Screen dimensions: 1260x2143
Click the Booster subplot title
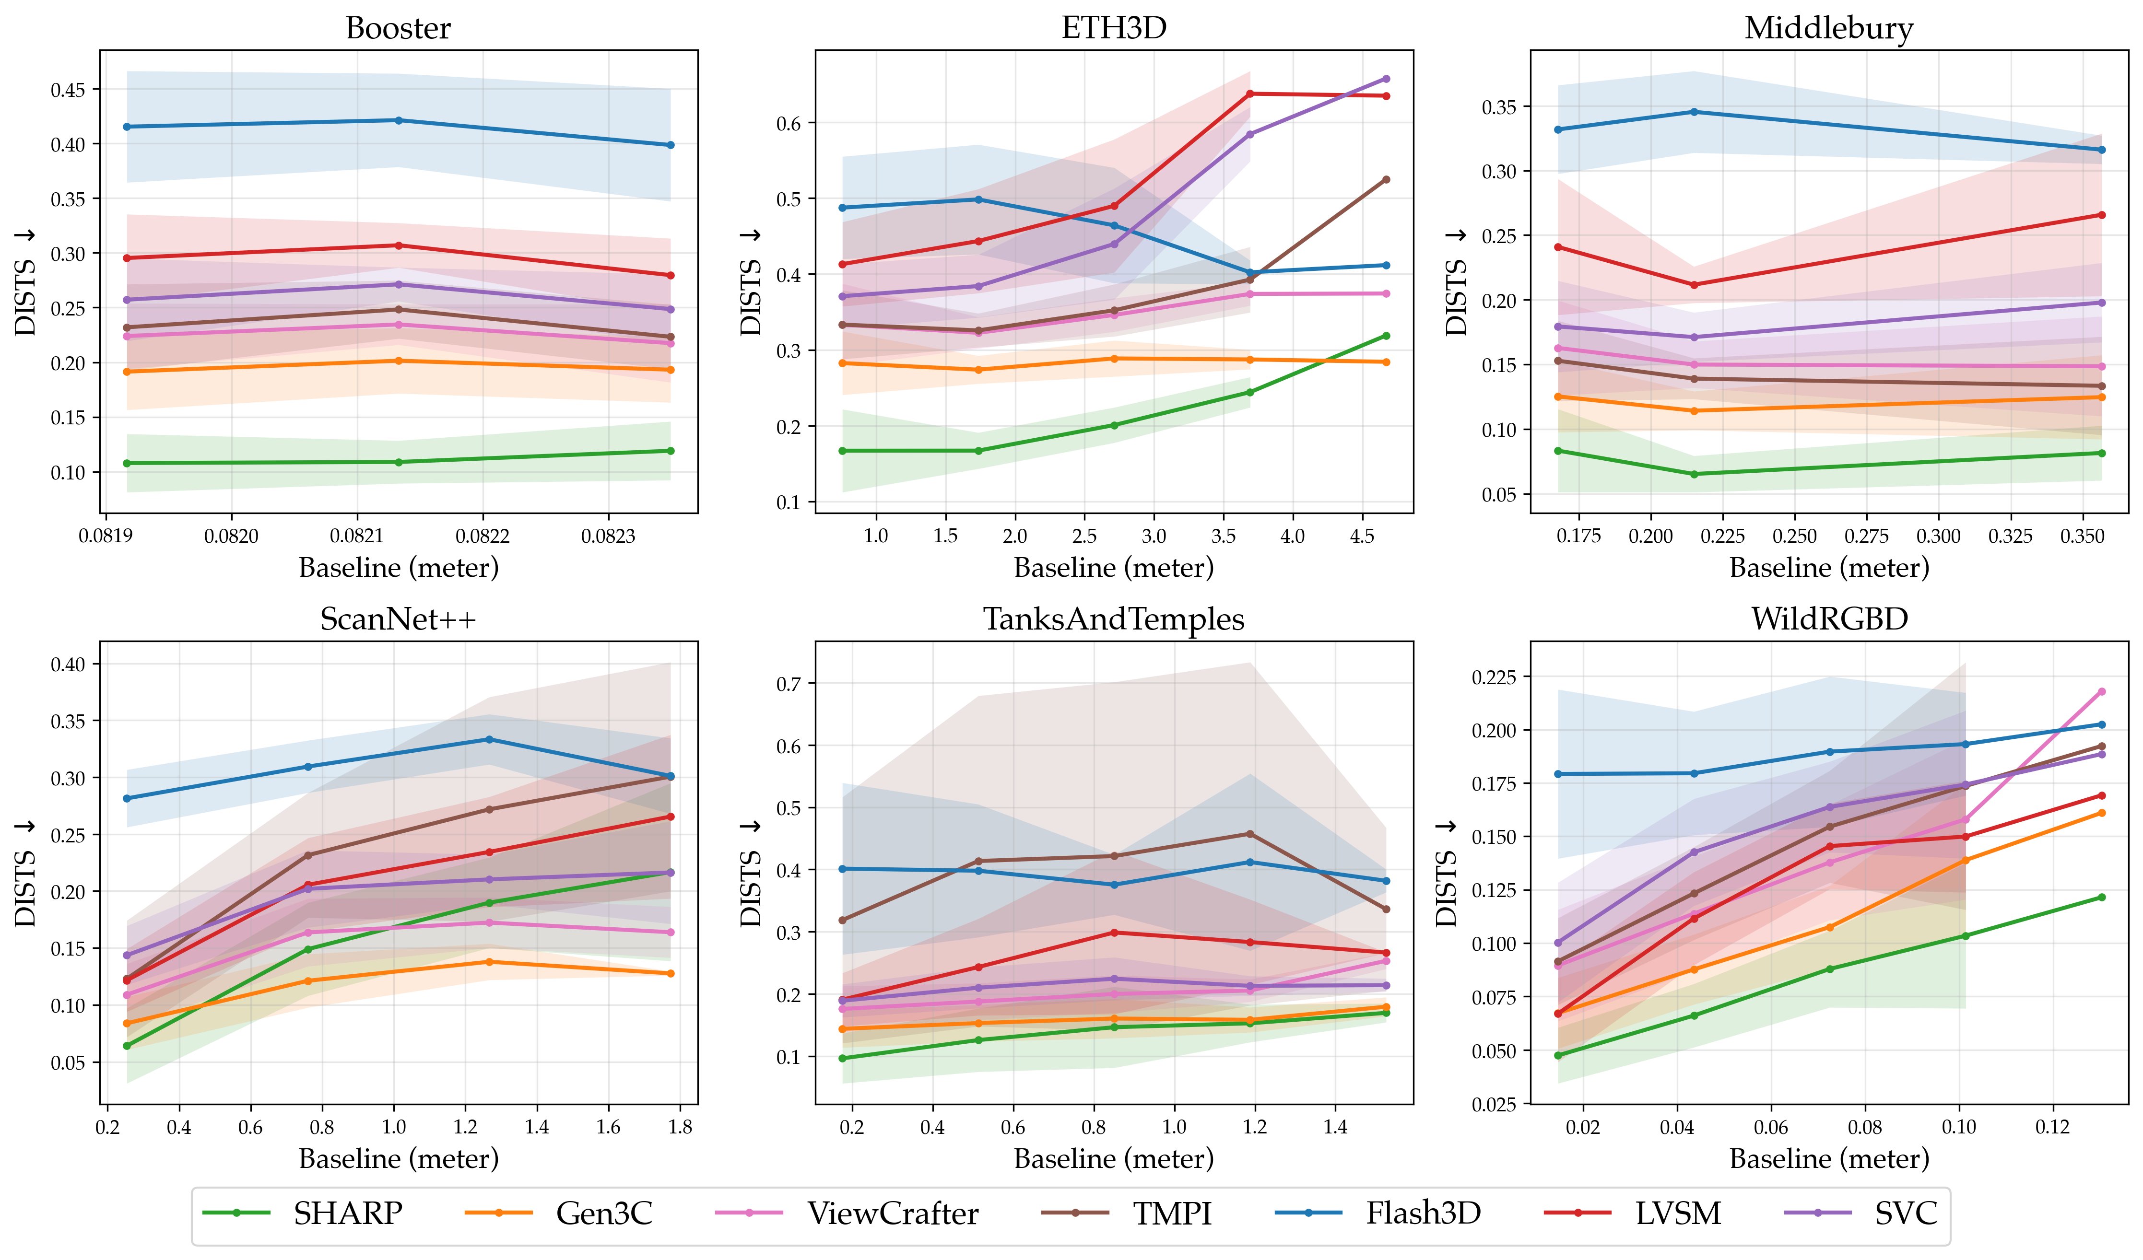tap(398, 28)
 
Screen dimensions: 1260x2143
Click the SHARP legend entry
tap(347, 1213)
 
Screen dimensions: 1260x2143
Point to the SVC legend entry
tap(1906, 1213)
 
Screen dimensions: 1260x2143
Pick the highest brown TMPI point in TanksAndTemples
tap(1249, 833)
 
